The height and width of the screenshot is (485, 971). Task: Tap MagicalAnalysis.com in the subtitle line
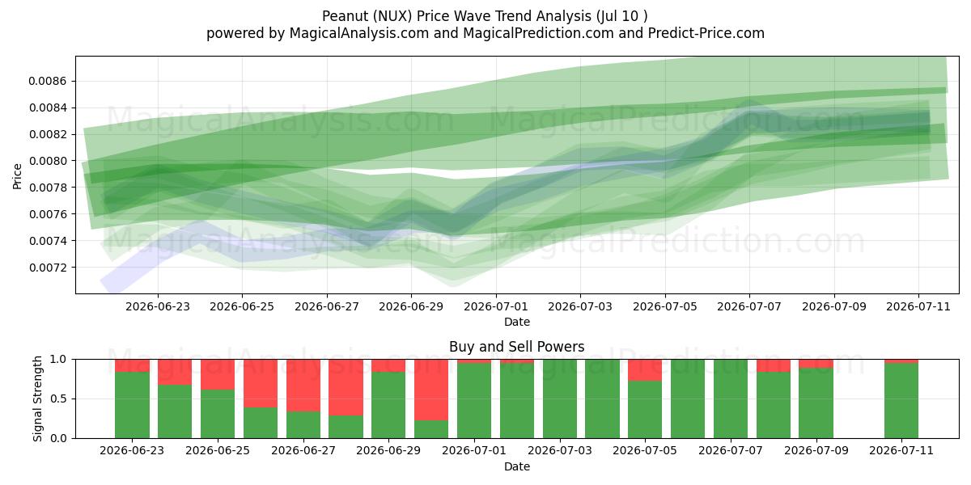pyautogui.click(x=359, y=33)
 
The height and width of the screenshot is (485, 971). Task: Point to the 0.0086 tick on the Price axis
pyautogui.click(x=48, y=81)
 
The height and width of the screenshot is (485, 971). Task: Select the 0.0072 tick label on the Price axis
pyautogui.click(x=48, y=268)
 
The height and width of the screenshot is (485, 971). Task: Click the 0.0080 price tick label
pyautogui.click(x=48, y=161)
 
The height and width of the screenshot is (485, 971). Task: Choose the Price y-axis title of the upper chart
pyautogui.click(x=17, y=176)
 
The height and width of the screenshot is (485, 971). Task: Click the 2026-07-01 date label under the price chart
pyautogui.click(x=495, y=306)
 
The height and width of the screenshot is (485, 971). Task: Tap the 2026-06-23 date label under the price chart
pyautogui.click(x=157, y=306)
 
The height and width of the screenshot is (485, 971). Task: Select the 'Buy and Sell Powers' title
pyautogui.click(x=517, y=347)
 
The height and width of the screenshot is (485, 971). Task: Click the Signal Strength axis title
pyautogui.click(x=38, y=399)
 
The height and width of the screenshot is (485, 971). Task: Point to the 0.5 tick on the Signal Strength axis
pyautogui.click(x=58, y=399)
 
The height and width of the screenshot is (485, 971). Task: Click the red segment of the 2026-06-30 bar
pyautogui.click(x=430, y=390)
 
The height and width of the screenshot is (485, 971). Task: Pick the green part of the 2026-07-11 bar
pyautogui.click(x=901, y=401)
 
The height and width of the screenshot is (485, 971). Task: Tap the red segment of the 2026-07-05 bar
pyautogui.click(x=645, y=370)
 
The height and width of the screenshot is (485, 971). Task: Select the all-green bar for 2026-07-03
pyautogui.click(x=560, y=399)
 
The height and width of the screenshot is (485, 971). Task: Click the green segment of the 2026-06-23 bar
pyautogui.click(x=132, y=405)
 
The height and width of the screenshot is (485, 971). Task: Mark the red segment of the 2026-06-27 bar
pyautogui.click(x=303, y=386)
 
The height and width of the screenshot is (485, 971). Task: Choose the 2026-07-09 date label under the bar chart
pyautogui.click(x=816, y=451)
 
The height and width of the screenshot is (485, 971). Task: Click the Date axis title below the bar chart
pyautogui.click(x=517, y=466)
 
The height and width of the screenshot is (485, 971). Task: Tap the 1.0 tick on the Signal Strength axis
pyautogui.click(x=58, y=360)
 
